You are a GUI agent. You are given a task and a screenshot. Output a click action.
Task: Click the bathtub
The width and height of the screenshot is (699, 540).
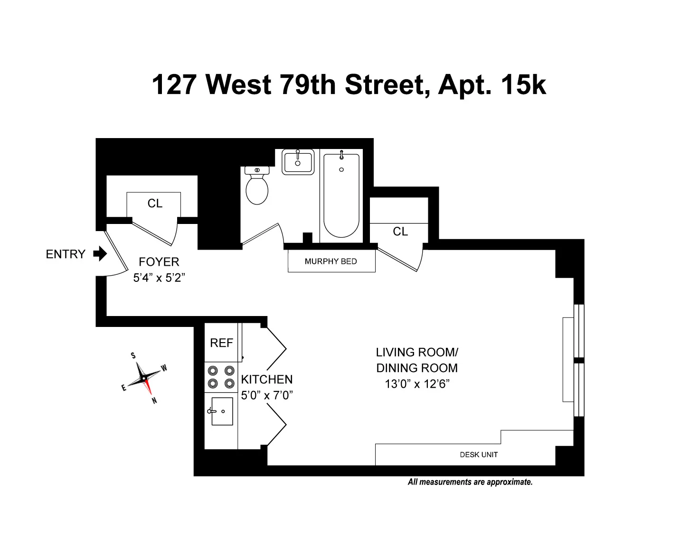[341, 195]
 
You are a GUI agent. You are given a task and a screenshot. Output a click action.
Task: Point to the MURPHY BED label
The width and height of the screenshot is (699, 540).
[331, 261]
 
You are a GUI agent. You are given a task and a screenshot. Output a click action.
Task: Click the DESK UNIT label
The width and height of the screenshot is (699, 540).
[479, 455]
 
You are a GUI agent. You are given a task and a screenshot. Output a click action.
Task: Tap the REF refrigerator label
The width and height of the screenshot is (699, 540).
[221, 343]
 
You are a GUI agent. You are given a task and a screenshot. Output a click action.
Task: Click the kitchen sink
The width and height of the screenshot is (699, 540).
[222, 411]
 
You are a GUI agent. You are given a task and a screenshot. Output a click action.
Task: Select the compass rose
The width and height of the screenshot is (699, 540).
[143, 378]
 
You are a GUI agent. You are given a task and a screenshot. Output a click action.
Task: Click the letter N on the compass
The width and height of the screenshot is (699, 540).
[154, 400]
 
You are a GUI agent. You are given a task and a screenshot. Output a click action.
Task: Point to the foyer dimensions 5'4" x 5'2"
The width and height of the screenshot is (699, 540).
[159, 278]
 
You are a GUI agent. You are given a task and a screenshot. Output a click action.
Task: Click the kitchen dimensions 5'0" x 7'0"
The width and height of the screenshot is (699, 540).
[267, 395]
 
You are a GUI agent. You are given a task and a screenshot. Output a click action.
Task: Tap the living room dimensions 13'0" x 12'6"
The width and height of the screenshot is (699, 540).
[417, 384]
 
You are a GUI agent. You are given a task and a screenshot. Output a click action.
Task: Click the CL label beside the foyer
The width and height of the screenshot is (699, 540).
[155, 204]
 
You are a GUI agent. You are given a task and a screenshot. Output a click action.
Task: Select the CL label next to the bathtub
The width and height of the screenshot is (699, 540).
[400, 231]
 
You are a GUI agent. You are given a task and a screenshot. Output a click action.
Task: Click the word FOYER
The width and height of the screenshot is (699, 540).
[159, 262]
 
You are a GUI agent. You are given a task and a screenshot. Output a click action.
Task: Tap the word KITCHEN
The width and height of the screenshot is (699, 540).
[267, 380]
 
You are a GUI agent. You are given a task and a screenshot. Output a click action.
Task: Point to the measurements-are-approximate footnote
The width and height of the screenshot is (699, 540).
[470, 482]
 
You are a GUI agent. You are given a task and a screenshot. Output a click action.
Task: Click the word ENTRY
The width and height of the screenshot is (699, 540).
[66, 254]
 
